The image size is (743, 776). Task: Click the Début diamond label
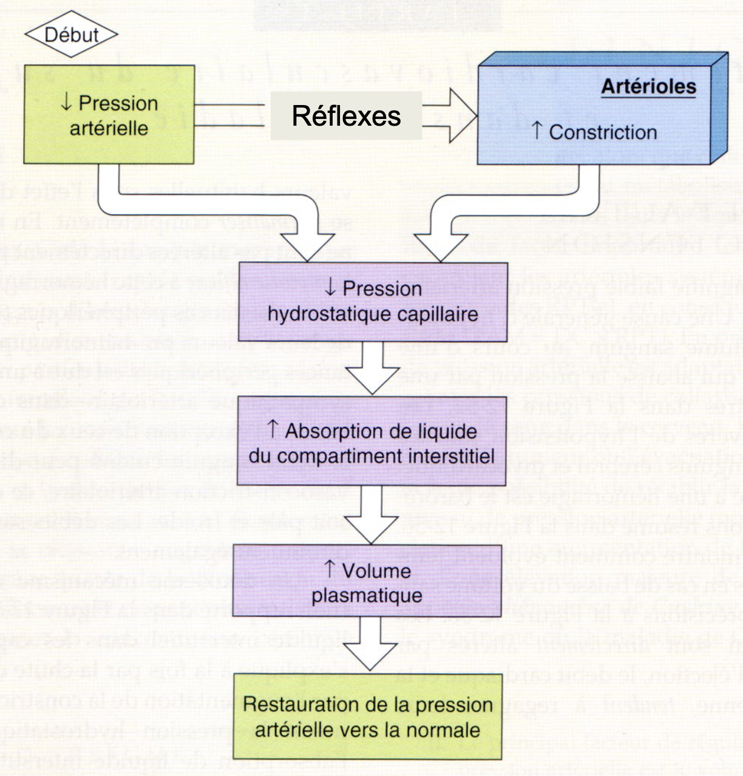coord(71,35)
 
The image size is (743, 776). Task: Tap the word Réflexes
coord(346,115)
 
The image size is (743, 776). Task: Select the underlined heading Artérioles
coord(648,87)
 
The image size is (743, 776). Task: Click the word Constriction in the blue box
coord(603,132)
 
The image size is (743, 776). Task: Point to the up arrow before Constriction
coord(536,130)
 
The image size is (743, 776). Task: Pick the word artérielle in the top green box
coord(109,128)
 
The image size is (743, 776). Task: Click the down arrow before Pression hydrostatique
coord(330,288)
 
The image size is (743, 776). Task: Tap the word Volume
coord(376,571)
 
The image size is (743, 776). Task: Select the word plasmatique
coord(367,596)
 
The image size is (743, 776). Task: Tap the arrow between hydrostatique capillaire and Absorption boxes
coord(371,370)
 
